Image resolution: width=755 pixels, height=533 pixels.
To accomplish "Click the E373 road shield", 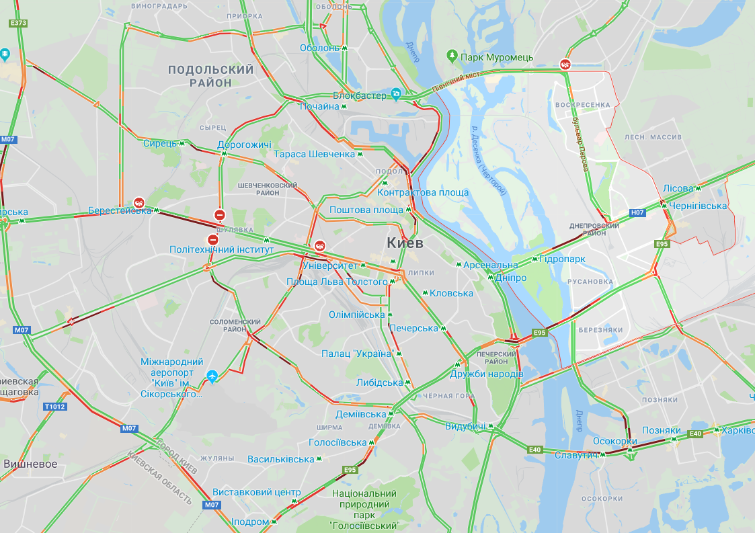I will [18, 23].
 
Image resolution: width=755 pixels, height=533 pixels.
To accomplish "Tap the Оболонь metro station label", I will [320, 48].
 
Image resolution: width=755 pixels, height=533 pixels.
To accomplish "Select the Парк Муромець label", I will [497, 57].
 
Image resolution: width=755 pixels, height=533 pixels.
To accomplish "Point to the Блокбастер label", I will [360, 95].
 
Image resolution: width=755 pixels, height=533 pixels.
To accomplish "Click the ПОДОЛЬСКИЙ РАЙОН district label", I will [210, 76].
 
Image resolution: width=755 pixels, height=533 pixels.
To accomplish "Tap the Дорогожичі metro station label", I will [244, 145].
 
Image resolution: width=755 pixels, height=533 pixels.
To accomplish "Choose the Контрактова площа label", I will [423, 192].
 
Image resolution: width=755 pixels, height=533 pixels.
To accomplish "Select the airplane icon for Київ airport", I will [213, 376].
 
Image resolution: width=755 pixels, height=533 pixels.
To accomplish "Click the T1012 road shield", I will [55, 407].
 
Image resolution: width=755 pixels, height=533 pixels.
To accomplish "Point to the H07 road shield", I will [637, 213].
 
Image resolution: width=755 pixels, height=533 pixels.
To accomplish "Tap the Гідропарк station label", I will [563, 259].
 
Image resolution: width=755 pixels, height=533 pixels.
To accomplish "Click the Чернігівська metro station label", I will [698, 206].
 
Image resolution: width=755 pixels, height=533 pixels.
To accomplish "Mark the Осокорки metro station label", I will [614, 442].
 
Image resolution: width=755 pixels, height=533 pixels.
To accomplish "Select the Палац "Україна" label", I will [356, 354].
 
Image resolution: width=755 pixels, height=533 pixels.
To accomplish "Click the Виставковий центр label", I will [256, 492].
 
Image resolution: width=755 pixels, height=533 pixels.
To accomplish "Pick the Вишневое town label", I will [30, 464].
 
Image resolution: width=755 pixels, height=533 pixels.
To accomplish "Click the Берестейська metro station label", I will [120, 210].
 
